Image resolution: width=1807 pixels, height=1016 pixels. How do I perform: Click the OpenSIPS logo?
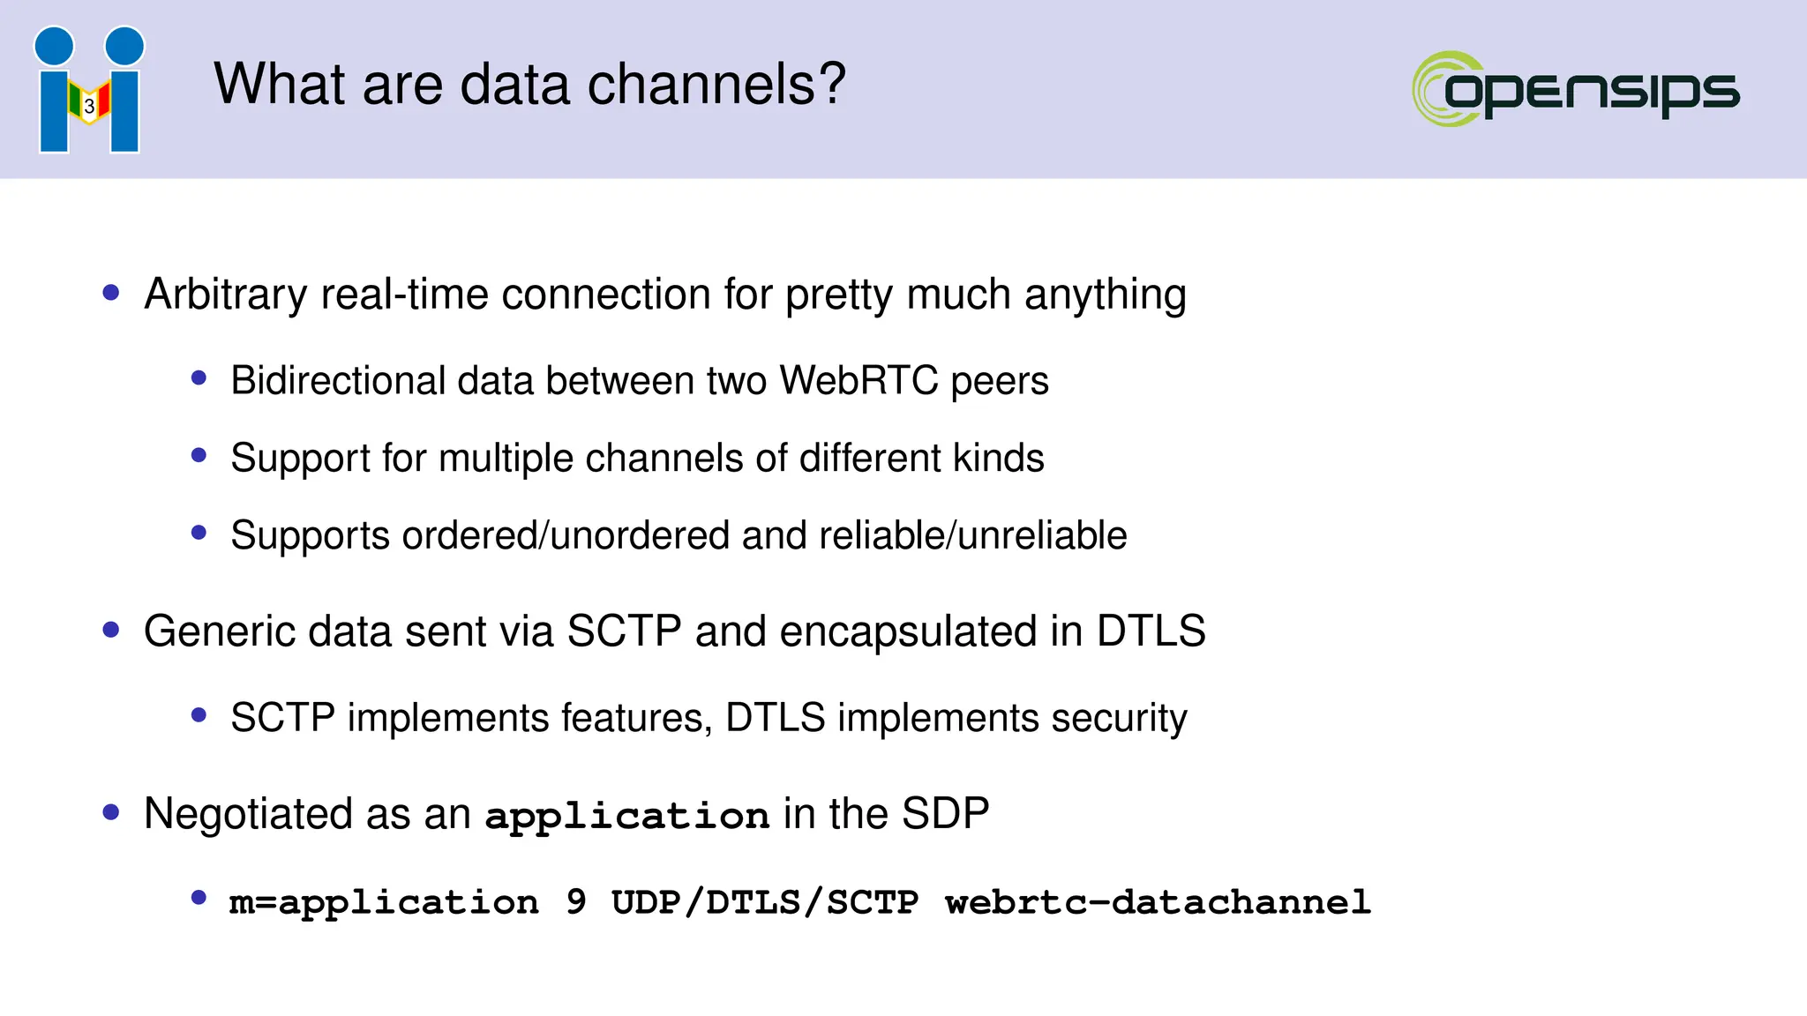pos(1576,89)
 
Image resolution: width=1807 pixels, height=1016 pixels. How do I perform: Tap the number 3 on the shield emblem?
pos(89,106)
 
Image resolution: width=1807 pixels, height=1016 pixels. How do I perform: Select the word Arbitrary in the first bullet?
pos(226,295)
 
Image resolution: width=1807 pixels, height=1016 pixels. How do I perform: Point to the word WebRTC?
pos(859,381)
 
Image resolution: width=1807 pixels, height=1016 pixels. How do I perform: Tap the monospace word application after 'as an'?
pos(627,816)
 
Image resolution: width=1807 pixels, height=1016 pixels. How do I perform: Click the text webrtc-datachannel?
pos(1158,902)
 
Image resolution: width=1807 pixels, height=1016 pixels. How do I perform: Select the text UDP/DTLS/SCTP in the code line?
pos(764,902)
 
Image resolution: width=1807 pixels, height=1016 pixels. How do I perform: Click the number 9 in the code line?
pos(575,902)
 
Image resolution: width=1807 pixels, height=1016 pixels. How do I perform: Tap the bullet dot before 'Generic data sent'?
pos(111,630)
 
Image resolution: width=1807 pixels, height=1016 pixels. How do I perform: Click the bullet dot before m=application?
pos(199,898)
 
